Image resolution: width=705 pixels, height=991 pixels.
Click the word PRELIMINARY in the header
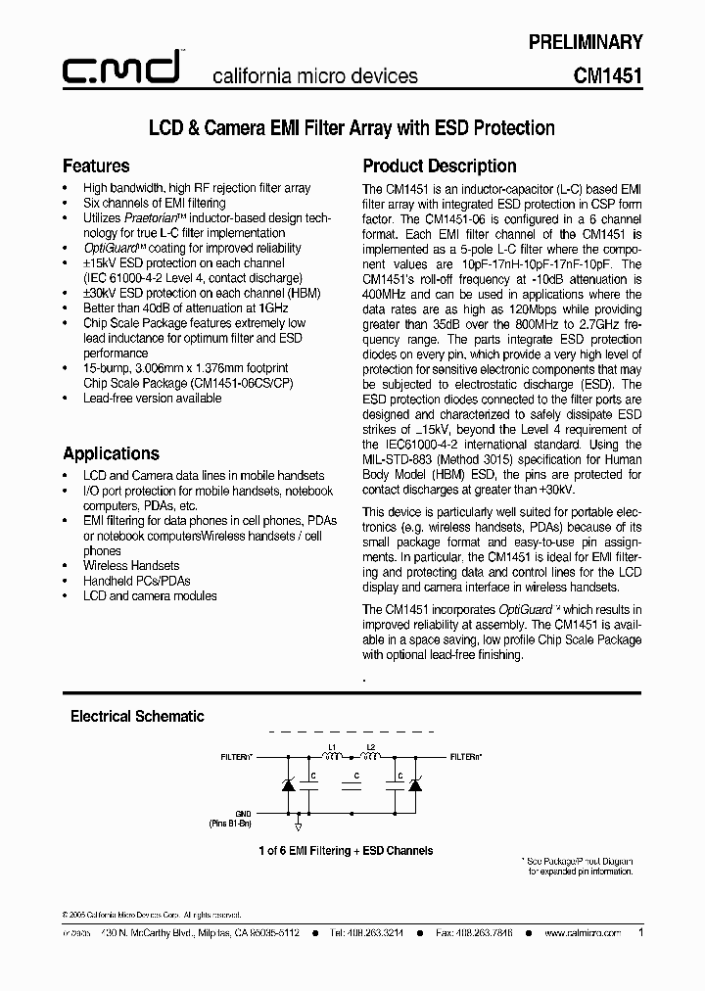pos(586,42)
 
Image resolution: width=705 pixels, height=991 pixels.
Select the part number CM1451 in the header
pos(608,75)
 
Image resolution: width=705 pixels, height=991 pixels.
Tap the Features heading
pos(96,165)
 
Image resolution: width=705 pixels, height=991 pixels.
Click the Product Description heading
pos(440,165)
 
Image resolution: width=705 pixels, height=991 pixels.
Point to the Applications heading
pos(111,453)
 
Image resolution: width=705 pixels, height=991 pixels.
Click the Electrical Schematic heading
pos(137,716)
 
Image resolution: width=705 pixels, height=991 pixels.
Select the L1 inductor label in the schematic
pos(332,747)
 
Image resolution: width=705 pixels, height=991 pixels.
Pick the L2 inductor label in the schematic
pos(370,747)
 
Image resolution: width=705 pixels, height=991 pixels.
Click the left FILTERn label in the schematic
pos(236,757)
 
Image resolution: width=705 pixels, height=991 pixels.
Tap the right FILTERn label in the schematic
pos(466,757)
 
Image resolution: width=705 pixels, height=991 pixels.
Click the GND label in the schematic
pos(244,814)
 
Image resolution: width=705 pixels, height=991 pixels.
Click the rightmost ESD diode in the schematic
pos(414,785)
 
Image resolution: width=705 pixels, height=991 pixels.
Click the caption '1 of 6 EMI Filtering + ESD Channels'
pos(346,851)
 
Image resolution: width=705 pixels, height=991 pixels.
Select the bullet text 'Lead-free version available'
pos(152,399)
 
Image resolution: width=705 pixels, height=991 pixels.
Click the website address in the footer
pos(583,934)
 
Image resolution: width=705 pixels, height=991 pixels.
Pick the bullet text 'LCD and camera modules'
pos(150,595)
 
